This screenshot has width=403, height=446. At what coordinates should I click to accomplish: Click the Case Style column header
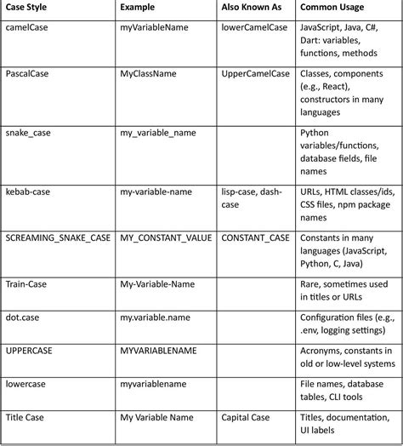pyautogui.click(x=30, y=8)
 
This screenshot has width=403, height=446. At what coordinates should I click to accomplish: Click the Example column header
pyautogui.click(x=139, y=8)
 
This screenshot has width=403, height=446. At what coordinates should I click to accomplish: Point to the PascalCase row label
pyautogui.click(x=27, y=74)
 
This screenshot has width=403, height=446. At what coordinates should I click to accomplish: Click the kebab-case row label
pyautogui.click(x=28, y=192)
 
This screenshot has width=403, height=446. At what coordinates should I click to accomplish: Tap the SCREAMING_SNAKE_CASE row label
pyautogui.click(x=58, y=237)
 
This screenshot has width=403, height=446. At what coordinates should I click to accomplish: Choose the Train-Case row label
pyautogui.click(x=26, y=283)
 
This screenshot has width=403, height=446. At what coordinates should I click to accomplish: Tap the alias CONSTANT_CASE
pyautogui.click(x=256, y=237)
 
